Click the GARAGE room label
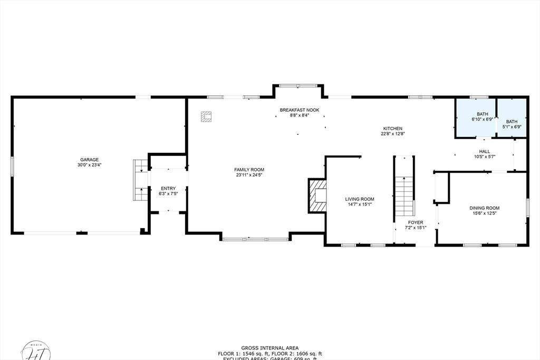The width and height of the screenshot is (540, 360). click(x=89, y=160)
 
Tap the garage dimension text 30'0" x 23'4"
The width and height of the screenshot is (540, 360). click(x=89, y=165)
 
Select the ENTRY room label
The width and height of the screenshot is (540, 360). click(x=168, y=188)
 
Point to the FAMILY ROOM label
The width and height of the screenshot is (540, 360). click(x=249, y=169)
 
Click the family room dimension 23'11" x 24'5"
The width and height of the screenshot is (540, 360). click(x=249, y=174)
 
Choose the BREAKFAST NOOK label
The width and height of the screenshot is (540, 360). click(x=299, y=110)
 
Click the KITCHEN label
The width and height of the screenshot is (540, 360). click(x=392, y=128)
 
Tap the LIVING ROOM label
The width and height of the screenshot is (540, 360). click(x=360, y=199)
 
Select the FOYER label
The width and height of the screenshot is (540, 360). click(x=414, y=222)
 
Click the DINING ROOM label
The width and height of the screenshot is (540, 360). click(x=484, y=208)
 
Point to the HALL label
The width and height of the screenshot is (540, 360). click(x=484, y=151)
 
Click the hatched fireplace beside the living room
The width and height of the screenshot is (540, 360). click(x=317, y=196)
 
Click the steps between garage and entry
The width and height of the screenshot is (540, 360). click(x=141, y=180)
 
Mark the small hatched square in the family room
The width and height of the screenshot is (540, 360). click(x=206, y=116)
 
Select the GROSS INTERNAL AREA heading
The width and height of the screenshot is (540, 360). click(x=269, y=348)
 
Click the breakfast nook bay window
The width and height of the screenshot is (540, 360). click(x=298, y=85)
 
